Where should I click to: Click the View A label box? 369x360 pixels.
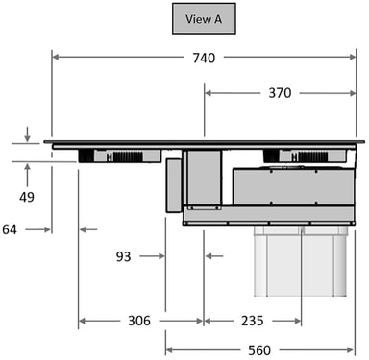click(204, 18)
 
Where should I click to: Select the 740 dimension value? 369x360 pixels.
click(204, 58)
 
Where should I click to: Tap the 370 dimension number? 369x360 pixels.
click(280, 93)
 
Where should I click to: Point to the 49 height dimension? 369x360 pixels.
click(27, 197)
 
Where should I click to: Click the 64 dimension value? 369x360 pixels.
click(10, 229)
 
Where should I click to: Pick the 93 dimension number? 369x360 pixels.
click(123, 256)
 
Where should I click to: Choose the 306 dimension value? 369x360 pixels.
click(139, 321)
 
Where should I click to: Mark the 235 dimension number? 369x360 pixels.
click(253, 321)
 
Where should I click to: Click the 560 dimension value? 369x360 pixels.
click(259, 350)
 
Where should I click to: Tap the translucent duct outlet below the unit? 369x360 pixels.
click(301, 261)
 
